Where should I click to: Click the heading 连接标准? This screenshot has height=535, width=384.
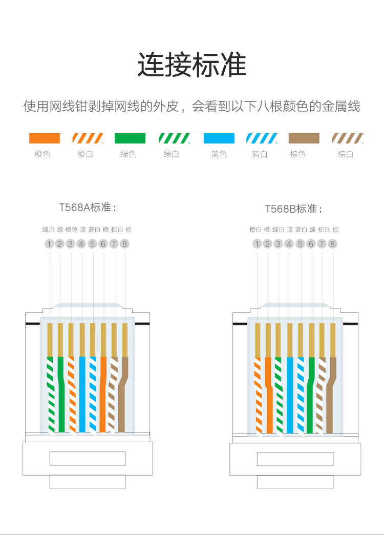tap(191, 65)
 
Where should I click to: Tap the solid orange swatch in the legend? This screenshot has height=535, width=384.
tap(45, 138)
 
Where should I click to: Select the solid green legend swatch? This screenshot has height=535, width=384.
tap(130, 138)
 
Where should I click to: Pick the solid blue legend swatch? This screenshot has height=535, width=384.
tap(219, 138)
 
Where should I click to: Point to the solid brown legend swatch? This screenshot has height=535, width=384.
tap(304, 138)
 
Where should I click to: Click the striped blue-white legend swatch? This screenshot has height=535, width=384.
tap(262, 138)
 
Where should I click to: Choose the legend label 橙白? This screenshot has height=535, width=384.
tap(85, 154)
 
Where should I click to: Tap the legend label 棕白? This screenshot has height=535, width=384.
tap(346, 154)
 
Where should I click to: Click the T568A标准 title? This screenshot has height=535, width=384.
tap(88, 208)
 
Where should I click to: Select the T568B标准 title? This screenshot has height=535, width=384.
tap(293, 209)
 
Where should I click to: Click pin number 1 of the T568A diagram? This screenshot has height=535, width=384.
tap(49, 244)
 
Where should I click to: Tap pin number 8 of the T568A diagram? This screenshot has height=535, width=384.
tap(124, 244)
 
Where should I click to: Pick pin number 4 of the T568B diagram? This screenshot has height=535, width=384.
tap(289, 244)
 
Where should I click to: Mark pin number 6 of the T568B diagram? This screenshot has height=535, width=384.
tap(311, 244)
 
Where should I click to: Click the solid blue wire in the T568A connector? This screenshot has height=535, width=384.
tap(82, 395)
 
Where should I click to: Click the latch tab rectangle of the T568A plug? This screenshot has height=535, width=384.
tap(88, 458)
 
